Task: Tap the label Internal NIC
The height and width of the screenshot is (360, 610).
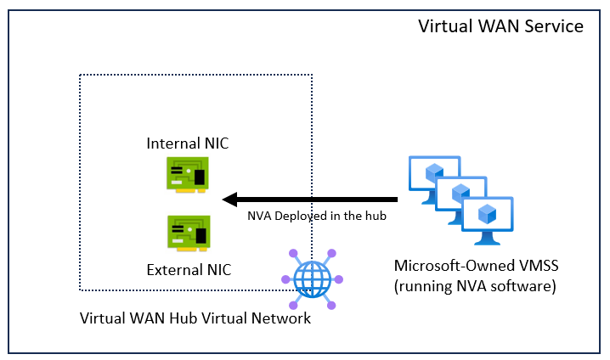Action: [188, 143]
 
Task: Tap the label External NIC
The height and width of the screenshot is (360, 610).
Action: [188, 270]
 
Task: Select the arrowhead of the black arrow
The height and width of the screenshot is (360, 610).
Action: [229, 200]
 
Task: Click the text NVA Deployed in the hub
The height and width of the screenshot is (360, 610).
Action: [317, 216]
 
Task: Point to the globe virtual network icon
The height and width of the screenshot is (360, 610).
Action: [310, 278]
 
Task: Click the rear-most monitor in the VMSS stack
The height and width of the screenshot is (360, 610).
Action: [429, 170]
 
